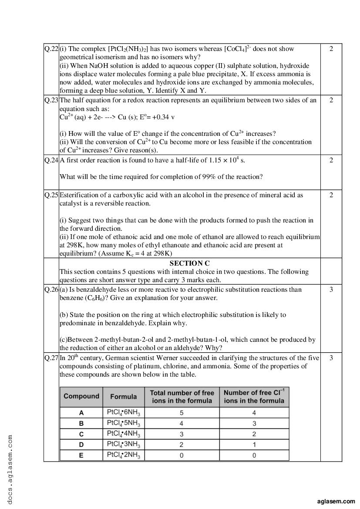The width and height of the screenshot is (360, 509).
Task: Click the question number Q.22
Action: [51, 49]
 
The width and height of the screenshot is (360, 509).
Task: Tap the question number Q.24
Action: [51, 160]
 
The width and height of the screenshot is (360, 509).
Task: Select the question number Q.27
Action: [51, 358]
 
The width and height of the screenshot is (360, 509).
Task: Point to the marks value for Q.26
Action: [331, 290]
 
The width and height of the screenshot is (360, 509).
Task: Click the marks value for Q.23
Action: [331, 100]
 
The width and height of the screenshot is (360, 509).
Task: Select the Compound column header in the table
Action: [81, 396]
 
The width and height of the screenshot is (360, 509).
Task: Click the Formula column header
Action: [124, 397]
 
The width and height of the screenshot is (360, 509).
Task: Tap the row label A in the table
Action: [81, 413]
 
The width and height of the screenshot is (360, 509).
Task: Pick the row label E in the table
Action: [81, 455]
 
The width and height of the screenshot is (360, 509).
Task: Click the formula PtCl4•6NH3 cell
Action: [124, 412]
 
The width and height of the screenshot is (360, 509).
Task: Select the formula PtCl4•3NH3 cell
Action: [124, 445]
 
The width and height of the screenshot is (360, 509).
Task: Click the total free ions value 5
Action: [182, 413]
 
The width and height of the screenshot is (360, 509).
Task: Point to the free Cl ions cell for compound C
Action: [254, 434]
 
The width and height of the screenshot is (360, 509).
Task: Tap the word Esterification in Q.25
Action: [78, 195]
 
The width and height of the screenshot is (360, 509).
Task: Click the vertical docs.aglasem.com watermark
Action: [10, 469]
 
